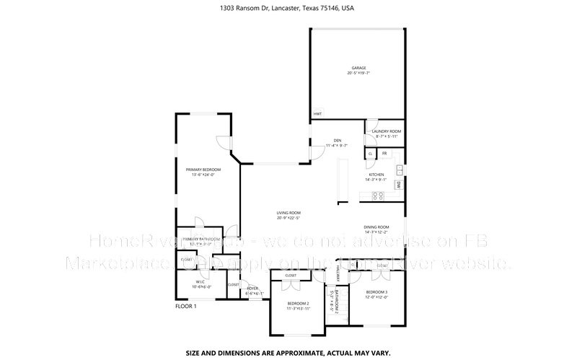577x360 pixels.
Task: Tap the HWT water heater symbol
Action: pos(317,114)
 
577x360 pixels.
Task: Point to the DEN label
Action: pos(337,142)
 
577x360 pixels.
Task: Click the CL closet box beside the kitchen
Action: pos(371,154)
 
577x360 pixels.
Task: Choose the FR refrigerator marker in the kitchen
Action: pos(384,154)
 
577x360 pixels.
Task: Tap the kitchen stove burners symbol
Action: pos(376,196)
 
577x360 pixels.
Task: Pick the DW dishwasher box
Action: pos(398,185)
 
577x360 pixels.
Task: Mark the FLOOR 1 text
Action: pos(186,306)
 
